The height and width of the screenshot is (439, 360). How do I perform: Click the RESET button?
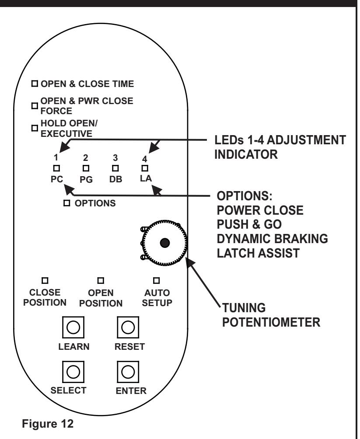point(128,327)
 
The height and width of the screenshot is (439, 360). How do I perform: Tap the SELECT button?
point(73,372)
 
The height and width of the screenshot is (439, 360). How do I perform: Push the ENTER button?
point(128,372)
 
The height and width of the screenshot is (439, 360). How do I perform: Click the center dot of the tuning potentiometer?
point(165,243)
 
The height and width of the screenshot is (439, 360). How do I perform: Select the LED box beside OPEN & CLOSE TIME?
point(35,84)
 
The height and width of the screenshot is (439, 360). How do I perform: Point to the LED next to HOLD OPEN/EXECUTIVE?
point(35,128)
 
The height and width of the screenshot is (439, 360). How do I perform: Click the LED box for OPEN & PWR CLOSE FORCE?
point(35,106)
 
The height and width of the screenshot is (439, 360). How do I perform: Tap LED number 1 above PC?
point(56,168)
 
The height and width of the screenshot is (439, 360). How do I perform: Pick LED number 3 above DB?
point(115,168)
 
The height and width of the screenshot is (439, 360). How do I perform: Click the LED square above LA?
point(145,168)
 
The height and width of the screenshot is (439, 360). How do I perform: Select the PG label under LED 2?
point(86,179)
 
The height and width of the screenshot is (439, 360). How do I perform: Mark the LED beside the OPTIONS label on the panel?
point(66,203)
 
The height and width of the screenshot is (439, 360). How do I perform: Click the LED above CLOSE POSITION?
point(45,280)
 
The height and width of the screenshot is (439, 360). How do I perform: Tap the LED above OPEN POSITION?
point(101,280)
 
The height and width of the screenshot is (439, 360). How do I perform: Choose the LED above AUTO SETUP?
point(156,280)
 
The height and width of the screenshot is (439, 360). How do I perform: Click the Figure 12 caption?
point(48,424)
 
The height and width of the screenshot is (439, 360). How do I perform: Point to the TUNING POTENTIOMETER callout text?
point(271,315)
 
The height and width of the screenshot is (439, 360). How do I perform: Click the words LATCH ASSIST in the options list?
point(259,253)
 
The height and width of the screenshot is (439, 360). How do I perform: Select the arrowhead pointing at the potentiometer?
point(191,263)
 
